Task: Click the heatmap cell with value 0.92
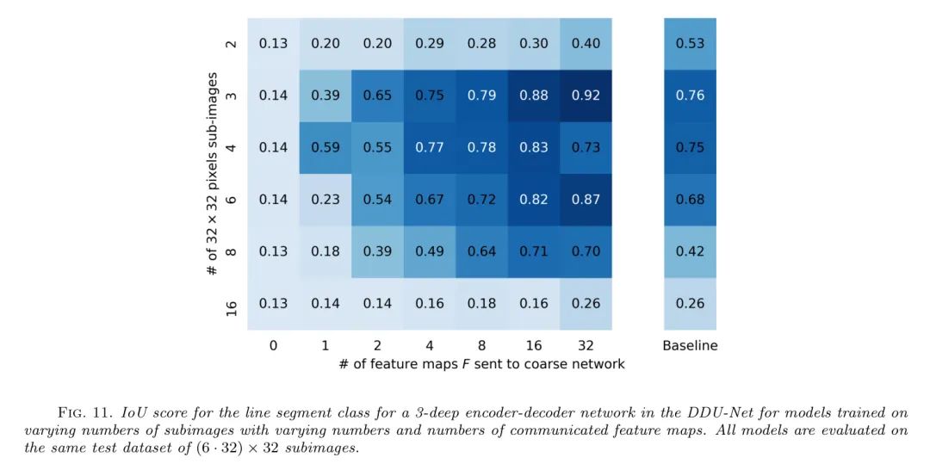(586, 96)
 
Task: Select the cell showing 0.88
(534, 96)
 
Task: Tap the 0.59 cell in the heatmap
(325, 147)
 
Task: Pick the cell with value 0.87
(586, 199)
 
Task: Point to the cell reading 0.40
(586, 44)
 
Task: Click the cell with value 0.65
(377, 96)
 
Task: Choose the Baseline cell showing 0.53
(690, 44)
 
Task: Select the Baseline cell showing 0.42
(690, 251)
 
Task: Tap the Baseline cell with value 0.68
(690, 199)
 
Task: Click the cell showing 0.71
(534, 251)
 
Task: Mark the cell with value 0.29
(430, 44)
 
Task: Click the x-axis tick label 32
(586, 346)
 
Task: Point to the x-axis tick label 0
(273, 346)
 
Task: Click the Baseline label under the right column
(690, 346)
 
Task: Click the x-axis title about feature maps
(481, 364)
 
